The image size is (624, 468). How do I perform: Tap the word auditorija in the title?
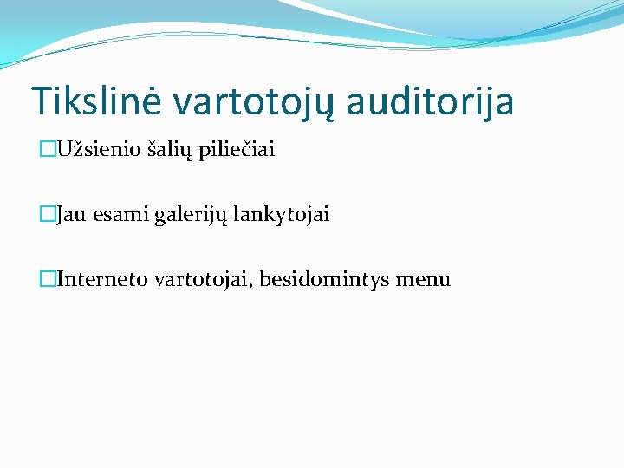[x=430, y=101]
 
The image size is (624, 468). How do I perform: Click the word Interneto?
[x=102, y=279]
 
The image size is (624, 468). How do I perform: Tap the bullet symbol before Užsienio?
[x=48, y=150]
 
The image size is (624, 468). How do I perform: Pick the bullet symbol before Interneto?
[x=48, y=279]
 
